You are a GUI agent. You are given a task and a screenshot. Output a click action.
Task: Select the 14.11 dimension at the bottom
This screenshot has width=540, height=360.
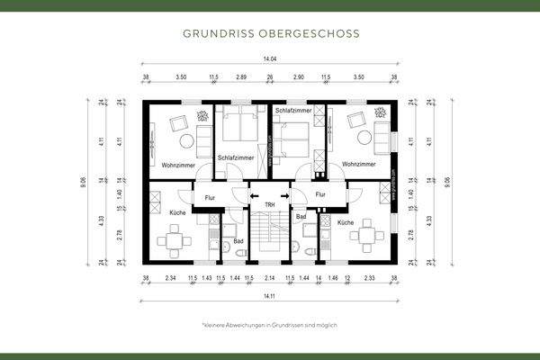270,295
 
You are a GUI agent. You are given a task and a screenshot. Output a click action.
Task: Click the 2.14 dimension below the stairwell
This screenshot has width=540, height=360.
269,279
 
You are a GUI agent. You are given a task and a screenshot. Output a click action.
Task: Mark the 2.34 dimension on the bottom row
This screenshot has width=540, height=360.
171,279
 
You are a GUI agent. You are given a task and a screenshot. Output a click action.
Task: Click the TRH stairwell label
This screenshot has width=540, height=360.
269,206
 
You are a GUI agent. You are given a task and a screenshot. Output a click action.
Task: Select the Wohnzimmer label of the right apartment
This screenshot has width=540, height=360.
359,166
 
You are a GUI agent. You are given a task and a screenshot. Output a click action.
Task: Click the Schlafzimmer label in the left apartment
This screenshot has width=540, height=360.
236,158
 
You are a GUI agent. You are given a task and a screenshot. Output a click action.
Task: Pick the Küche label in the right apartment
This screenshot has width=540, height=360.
346,221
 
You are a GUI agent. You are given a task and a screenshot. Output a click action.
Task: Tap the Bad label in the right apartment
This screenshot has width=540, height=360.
301,218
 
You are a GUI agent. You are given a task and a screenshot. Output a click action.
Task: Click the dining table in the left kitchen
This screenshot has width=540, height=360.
172,240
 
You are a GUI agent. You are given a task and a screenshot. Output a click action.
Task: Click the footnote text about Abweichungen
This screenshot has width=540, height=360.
270,324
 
